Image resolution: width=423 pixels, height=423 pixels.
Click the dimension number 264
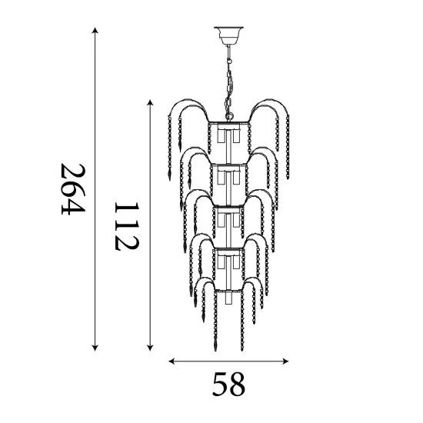click(x=73, y=189)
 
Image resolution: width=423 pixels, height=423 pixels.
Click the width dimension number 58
click(x=228, y=384)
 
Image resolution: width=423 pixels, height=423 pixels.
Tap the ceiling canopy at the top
click(x=228, y=35)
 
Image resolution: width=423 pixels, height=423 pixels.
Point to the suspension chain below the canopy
click(x=228, y=81)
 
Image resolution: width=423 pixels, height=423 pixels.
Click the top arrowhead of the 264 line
click(x=95, y=30)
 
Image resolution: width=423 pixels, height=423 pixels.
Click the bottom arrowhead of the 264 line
click(x=95, y=348)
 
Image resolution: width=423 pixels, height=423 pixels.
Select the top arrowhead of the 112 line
click(x=150, y=102)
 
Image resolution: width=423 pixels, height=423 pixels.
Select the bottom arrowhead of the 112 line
click(x=150, y=348)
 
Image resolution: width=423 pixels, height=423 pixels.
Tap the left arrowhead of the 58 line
click(x=172, y=361)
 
